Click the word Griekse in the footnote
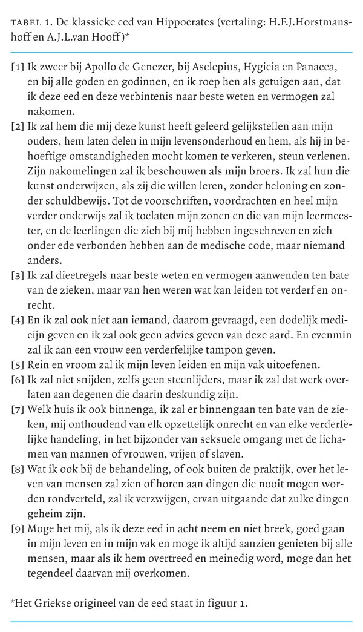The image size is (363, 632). click(53, 602)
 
